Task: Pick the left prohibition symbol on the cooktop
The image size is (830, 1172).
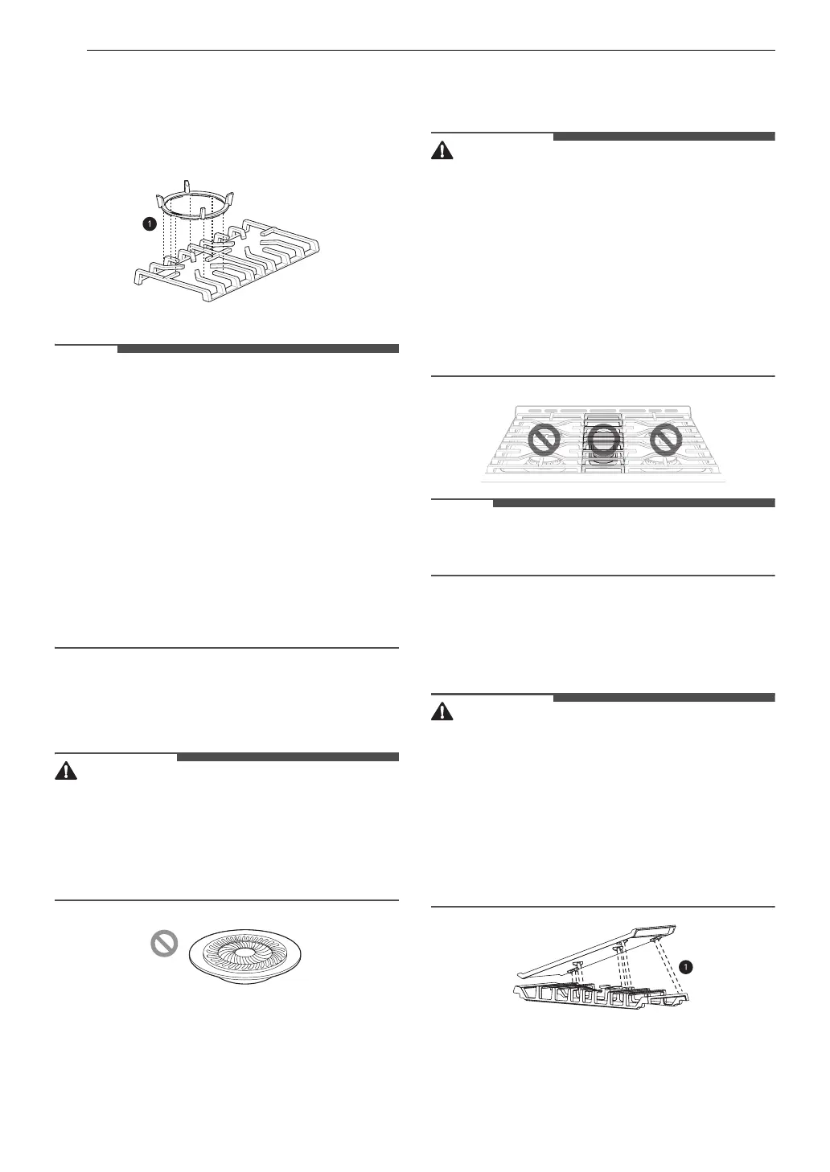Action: [544, 440]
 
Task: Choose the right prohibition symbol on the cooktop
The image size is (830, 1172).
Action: [665, 440]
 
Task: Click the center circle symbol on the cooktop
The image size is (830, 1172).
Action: [604, 440]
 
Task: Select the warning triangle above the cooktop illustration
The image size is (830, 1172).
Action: [442, 150]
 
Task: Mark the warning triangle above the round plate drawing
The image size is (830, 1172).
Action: [65, 771]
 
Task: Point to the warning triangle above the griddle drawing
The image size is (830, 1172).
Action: [442, 711]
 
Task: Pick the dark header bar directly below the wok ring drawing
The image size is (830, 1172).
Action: [257, 349]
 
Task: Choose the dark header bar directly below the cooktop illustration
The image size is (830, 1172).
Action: [633, 503]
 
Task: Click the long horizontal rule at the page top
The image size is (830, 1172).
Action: [430, 51]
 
